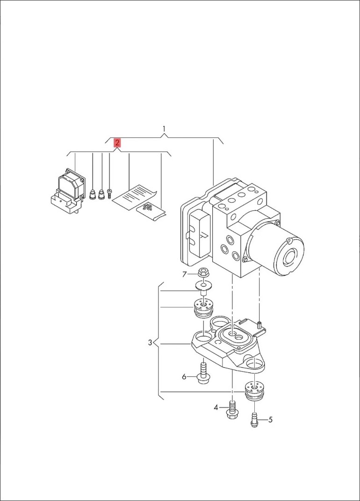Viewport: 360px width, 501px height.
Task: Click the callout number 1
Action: (164, 129)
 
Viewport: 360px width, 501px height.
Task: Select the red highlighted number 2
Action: (117, 143)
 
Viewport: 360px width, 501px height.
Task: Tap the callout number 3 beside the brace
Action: (150, 343)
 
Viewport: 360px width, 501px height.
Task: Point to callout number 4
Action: (216, 408)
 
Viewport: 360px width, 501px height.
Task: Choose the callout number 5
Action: (271, 420)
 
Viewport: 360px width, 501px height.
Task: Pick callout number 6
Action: (184, 377)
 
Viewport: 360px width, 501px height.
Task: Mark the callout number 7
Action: (185, 274)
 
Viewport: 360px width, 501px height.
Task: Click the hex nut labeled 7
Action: (203, 273)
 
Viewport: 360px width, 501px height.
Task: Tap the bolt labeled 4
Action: (232, 409)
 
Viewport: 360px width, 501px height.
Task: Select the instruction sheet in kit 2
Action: (135, 197)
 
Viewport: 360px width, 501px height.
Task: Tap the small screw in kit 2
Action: (109, 193)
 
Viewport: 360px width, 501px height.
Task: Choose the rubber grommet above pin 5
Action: (254, 390)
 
